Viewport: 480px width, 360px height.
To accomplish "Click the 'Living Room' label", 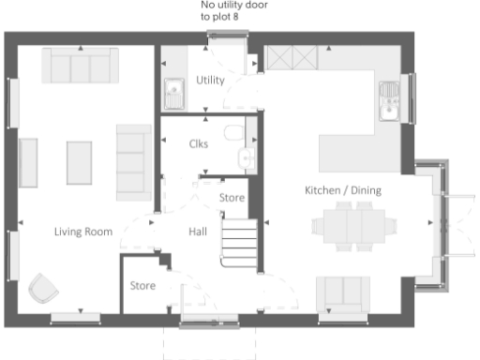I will [83, 232].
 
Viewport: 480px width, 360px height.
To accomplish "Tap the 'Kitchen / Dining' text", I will [342, 190].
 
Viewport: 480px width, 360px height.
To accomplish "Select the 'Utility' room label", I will [210, 81].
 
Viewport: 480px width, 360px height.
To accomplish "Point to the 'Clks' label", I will [198, 143].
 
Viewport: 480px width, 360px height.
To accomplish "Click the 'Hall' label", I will [197, 232].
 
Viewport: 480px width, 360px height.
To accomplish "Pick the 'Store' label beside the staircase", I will [232, 198].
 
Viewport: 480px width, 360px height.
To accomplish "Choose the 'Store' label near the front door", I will [142, 285].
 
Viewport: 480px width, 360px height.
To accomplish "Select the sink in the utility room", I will [174, 92].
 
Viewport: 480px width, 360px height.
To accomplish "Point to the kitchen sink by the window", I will [389, 100].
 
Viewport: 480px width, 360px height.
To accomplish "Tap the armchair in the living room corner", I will [43, 288].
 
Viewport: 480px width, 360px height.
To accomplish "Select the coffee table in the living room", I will [80, 162].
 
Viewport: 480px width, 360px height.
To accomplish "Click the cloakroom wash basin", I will [247, 158].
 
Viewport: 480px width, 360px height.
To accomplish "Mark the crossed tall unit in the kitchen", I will [292, 60].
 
